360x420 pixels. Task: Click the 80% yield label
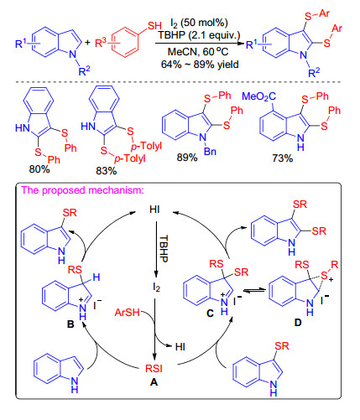(39, 169)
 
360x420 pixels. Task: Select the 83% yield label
(107, 171)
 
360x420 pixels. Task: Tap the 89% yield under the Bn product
(187, 158)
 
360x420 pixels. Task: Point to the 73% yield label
(283, 158)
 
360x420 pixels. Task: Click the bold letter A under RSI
(154, 381)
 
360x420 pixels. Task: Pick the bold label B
(70, 324)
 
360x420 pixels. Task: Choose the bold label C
(210, 314)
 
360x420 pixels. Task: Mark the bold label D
(298, 323)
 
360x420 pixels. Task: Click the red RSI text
(154, 369)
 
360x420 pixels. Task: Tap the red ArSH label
(128, 312)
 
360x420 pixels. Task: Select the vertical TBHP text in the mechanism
(164, 248)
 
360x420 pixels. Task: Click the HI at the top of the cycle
(154, 210)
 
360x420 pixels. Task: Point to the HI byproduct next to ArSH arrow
(180, 346)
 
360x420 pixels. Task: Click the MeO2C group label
(258, 96)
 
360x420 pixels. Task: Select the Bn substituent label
(210, 151)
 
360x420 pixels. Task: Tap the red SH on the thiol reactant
(154, 26)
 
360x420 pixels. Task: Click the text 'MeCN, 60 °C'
(198, 52)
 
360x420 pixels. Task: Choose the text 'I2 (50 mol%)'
(199, 23)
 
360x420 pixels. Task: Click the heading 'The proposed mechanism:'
(83, 190)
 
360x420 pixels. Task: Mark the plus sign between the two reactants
(88, 43)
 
